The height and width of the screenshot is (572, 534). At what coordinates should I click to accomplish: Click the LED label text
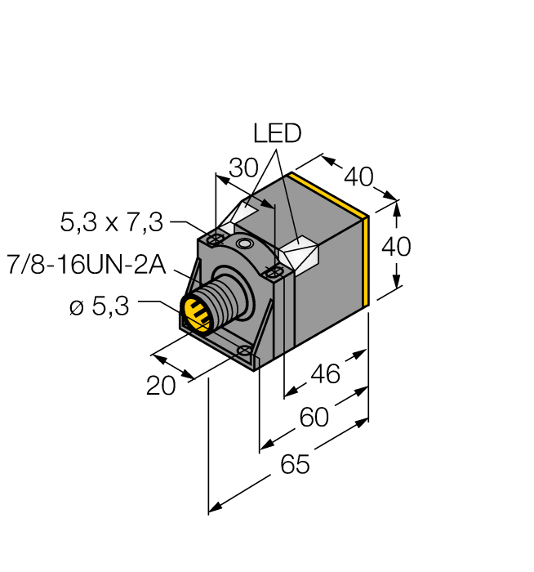(x=278, y=133)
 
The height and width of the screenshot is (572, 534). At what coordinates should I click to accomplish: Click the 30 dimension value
(x=243, y=168)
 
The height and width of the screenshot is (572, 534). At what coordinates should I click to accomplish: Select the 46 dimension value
(x=325, y=374)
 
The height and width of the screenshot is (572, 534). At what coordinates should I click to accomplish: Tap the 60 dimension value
(x=314, y=418)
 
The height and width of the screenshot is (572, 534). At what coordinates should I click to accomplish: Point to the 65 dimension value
(x=295, y=465)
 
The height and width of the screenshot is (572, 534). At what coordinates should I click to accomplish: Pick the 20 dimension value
(x=161, y=385)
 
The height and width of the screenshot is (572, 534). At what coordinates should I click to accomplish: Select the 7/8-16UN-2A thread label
(x=86, y=265)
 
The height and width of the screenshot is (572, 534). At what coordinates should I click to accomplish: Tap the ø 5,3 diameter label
(x=100, y=308)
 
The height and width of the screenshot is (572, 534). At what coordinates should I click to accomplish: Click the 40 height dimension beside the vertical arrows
(x=396, y=246)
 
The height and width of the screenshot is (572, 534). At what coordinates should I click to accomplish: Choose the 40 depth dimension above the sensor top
(x=358, y=176)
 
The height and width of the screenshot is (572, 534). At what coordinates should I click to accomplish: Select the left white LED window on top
(x=245, y=212)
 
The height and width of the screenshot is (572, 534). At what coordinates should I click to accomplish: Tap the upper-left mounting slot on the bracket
(x=215, y=239)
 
